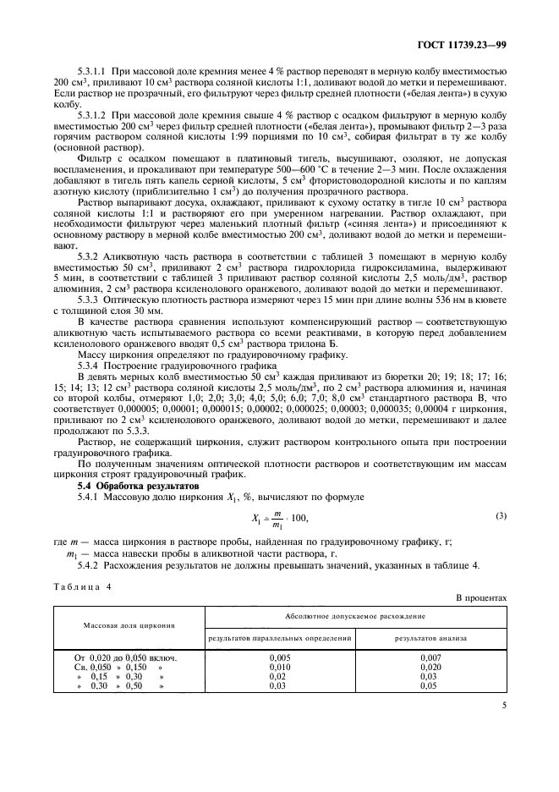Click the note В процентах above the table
[482, 598]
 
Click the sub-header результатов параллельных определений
[278, 637]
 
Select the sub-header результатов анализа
[430, 637]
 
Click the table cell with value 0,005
[279, 657]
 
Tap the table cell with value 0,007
[430, 657]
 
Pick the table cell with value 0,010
[279, 667]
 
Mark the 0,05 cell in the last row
[430, 686]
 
